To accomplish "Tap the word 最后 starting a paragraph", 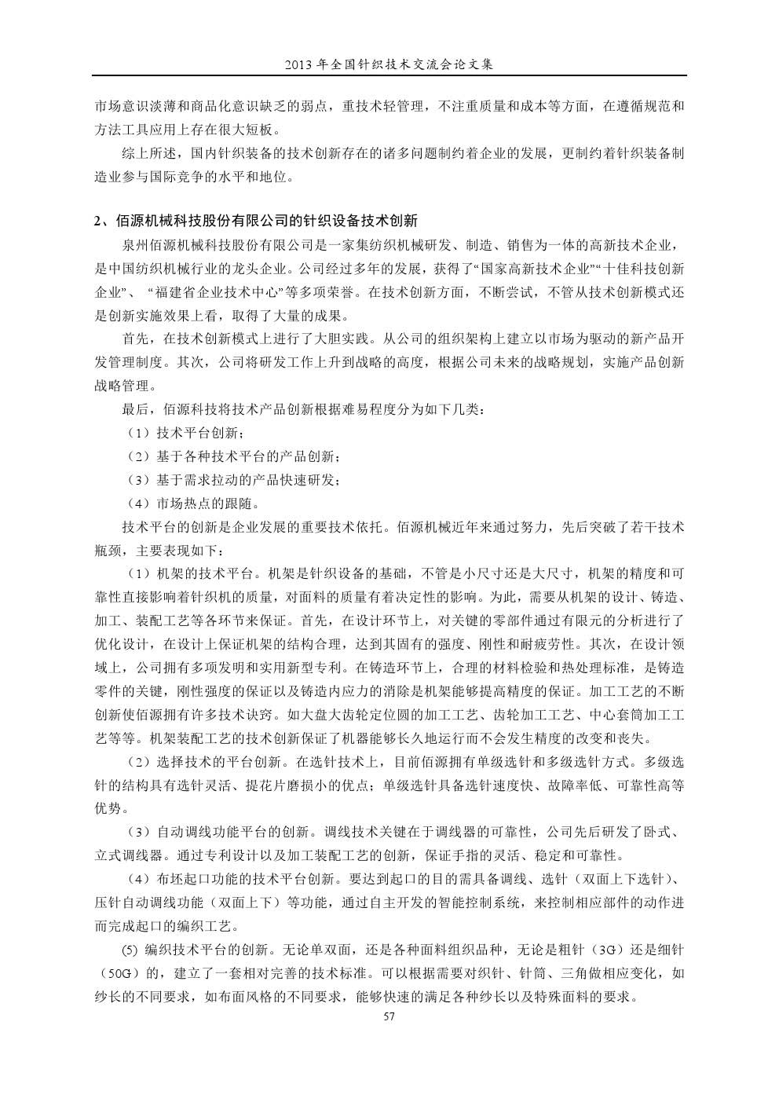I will click(133, 409).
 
